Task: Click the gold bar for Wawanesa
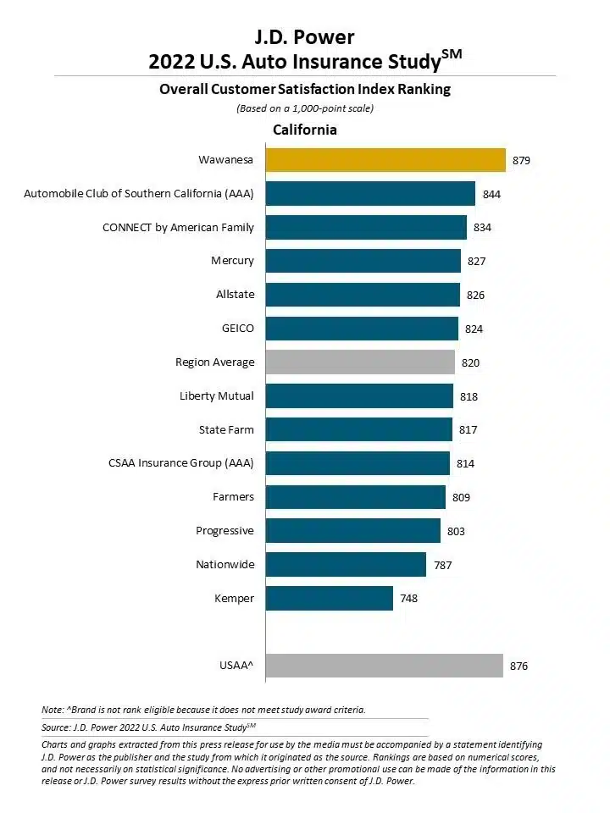385,160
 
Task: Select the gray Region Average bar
360,362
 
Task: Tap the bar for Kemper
330,599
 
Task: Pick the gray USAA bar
384,666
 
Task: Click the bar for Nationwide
346,565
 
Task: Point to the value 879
522,160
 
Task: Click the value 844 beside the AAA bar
491,194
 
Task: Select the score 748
409,599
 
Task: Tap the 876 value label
519,666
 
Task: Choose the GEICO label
237,329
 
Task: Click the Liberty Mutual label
217,396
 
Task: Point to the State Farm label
226,430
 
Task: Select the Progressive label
225,531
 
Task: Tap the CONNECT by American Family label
178,228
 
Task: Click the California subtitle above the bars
304,130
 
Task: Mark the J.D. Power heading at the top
305,37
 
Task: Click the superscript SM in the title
452,55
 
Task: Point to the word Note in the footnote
53,709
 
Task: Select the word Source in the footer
56,727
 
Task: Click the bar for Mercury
363,261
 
